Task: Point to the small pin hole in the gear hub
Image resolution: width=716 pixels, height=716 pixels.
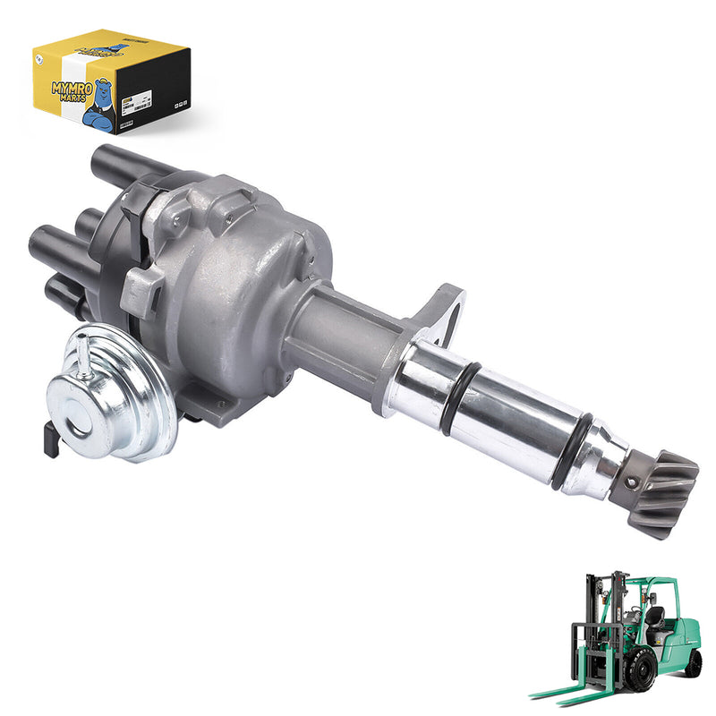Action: tap(632, 482)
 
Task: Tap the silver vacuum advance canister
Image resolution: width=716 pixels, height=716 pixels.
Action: tap(113, 391)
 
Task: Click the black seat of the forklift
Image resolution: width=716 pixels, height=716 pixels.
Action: tap(655, 618)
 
